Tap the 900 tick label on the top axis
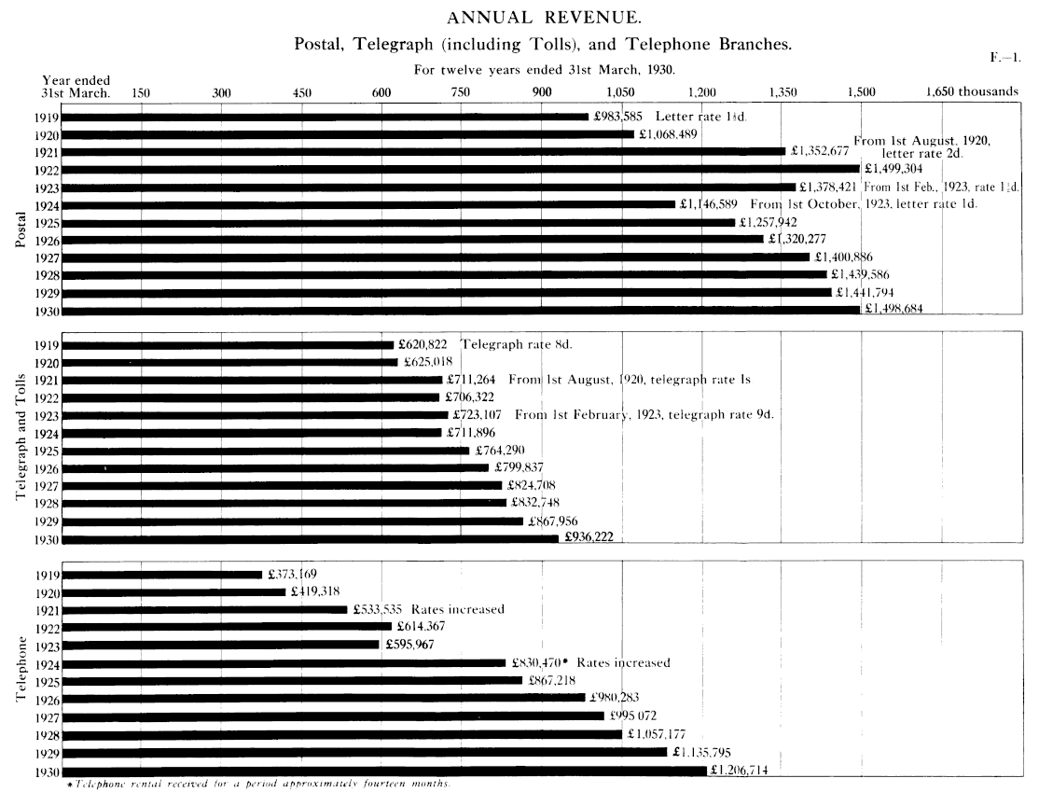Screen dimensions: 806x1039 pos(541,92)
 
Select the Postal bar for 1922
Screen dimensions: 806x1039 pos(460,169)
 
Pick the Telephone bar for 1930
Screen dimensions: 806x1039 pos(384,771)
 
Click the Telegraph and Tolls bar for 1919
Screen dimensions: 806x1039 pos(228,344)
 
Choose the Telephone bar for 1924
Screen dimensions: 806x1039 pos(284,663)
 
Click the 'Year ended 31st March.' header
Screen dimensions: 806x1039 pos(76,87)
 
